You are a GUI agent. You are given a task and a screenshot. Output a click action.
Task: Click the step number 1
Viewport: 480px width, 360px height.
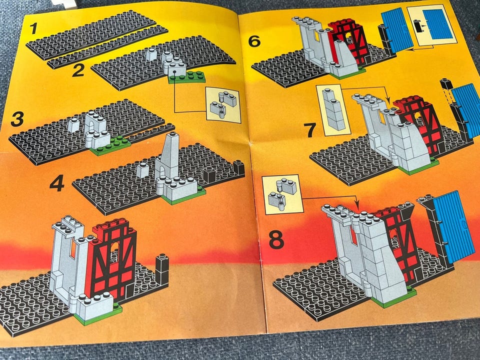point(33,28)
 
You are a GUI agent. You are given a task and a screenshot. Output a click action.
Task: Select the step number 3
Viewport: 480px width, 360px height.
point(17,119)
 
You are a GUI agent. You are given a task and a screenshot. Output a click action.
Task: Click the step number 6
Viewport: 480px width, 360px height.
point(254,41)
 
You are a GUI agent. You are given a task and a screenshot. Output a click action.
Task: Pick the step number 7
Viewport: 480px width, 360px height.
point(311,130)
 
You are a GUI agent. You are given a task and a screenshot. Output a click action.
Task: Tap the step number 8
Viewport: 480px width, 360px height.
point(276,239)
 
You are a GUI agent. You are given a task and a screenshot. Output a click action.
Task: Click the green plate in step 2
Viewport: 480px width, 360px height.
point(186,77)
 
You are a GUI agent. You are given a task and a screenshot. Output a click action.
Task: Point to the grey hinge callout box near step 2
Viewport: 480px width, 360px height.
point(223,104)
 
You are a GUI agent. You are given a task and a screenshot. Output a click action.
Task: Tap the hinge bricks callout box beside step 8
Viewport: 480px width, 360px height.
point(282,194)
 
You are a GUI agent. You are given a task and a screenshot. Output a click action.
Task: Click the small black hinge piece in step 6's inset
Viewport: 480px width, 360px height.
point(417,26)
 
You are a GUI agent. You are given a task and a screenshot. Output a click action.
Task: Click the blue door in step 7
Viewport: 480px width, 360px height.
point(465,112)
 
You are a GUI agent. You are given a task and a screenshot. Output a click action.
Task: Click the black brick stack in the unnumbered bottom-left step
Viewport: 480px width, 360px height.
point(162,269)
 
